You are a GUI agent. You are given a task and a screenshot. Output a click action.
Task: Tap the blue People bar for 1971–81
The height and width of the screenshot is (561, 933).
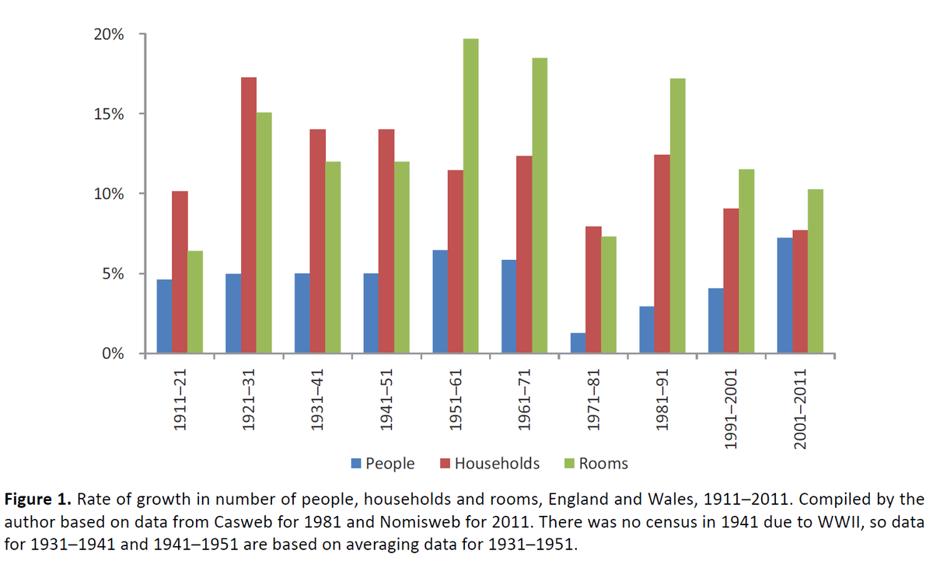pos(578,343)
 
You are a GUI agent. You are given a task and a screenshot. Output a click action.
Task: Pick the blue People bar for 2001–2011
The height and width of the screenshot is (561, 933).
pos(784,296)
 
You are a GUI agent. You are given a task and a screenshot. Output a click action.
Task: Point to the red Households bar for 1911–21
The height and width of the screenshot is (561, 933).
pos(180,272)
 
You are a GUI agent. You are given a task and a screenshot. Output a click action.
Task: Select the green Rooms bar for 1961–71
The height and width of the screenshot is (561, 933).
pos(540,206)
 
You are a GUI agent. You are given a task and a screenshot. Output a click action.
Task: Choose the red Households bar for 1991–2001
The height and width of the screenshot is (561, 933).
pos(731,281)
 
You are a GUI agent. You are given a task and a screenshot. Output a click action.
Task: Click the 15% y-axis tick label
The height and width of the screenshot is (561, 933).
pos(108,114)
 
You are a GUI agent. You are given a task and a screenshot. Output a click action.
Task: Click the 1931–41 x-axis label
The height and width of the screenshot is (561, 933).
pos(317,401)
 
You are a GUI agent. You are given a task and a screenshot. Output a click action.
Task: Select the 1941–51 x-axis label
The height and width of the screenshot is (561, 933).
pos(386,401)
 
